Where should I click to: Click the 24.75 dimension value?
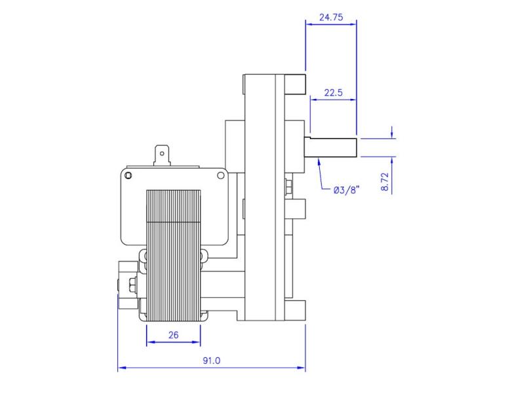pyautogui.click(x=331, y=18)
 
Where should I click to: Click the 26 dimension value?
pyautogui.click(x=173, y=335)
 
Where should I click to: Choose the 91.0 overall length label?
pyautogui.click(x=212, y=361)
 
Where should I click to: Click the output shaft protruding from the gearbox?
pyautogui.click(x=331, y=147)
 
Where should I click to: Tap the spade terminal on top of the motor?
pyautogui.click(x=160, y=156)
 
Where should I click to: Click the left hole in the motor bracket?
pyautogui.click(x=128, y=175)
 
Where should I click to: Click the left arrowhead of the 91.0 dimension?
pyautogui.click(x=121, y=368)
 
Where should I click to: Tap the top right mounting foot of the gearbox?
pyautogui.click(x=296, y=84)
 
